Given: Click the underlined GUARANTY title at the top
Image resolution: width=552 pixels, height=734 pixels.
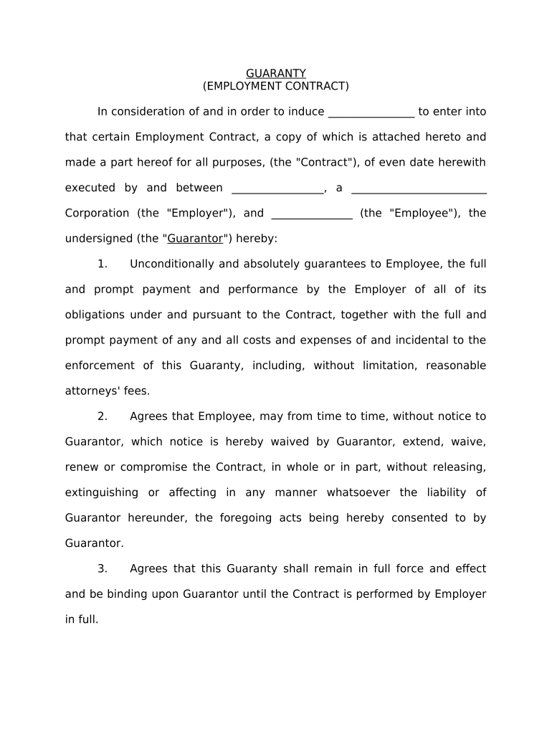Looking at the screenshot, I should pyautogui.click(x=276, y=73).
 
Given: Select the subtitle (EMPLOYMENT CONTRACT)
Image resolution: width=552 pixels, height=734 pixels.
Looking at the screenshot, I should pyautogui.click(x=276, y=86).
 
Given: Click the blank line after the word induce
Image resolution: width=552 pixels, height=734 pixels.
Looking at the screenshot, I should pyautogui.click(x=371, y=113).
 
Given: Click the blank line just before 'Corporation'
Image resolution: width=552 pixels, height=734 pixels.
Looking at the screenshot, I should pyautogui.click(x=419, y=189).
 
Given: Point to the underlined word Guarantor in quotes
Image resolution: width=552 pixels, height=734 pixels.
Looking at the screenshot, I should pyautogui.click(x=195, y=239).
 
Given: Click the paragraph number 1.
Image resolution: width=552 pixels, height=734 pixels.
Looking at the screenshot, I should pyautogui.click(x=103, y=264).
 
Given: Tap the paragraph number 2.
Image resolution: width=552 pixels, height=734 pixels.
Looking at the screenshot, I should pyautogui.click(x=103, y=416).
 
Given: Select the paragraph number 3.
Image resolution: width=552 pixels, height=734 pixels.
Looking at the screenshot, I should pyautogui.click(x=103, y=568).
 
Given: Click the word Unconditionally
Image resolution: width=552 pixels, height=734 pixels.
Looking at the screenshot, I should pyautogui.click(x=172, y=264).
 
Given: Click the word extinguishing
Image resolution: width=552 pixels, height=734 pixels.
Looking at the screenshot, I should pyautogui.click(x=102, y=492).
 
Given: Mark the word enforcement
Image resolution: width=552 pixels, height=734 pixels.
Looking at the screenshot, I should pyautogui.click(x=100, y=366).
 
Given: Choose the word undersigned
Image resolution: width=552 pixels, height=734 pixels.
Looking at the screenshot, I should pyautogui.click(x=97, y=239).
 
